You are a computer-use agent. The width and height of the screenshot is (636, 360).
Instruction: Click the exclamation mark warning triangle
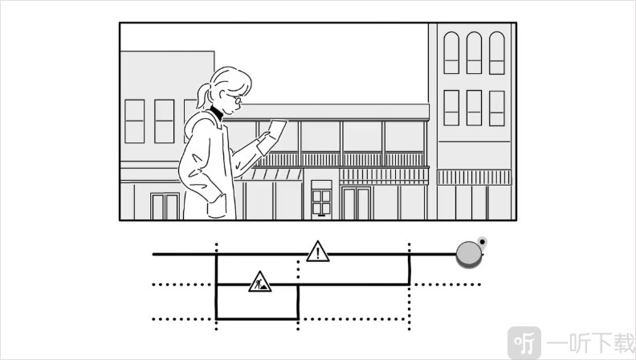click(317, 252)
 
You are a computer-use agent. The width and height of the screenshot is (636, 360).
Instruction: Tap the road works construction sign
click(259, 282)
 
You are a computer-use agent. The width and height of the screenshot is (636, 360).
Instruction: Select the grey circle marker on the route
click(469, 254)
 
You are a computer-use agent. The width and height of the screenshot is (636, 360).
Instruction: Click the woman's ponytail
click(203, 96)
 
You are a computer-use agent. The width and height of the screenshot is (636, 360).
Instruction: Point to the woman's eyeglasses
click(234, 98)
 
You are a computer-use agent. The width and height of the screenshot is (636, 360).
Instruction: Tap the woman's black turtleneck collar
click(216, 112)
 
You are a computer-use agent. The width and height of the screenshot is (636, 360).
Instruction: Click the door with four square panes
click(321, 200)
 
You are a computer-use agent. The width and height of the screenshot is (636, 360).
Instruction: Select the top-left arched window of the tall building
click(451, 53)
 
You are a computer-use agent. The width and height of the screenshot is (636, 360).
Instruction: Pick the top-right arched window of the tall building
click(496, 53)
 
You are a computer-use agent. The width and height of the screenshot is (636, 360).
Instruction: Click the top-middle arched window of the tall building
click(474, 53)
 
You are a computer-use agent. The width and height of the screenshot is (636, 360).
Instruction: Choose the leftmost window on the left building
click(134, 121)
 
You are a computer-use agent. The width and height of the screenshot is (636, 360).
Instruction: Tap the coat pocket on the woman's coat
click(217, 207)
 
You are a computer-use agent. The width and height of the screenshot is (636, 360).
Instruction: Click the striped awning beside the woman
click(271, 174)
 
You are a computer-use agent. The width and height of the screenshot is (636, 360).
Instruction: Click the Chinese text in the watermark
click(590, 343)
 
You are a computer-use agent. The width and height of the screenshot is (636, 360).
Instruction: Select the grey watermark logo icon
click(524, 343)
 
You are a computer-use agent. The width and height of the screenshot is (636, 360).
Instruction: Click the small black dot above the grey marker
click(482, 243)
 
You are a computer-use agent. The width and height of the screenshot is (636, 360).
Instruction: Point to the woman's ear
click(222, 96)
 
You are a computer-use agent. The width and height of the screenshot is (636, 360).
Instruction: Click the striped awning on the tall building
click(474, 178)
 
